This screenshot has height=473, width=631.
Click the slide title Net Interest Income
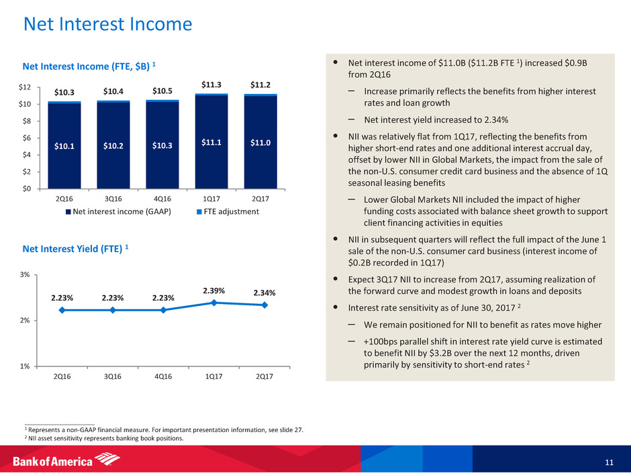click(x=107, y=25)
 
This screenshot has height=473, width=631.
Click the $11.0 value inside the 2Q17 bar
click(x=260, y=142)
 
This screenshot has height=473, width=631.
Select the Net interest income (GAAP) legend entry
click(x=117, y=212)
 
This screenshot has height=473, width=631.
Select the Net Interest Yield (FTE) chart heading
click(x=75, y=248)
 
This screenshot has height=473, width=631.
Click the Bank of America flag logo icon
click(x=109, y=460)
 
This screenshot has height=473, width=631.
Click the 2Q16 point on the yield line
click(x=62, y=310)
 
